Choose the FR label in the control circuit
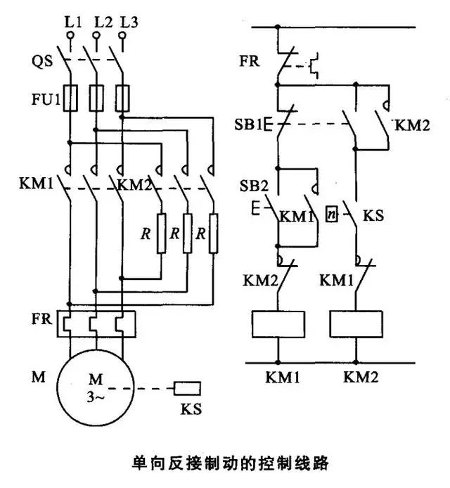point(249,60)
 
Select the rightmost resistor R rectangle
point(214,232)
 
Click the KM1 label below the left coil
point(282,378)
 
